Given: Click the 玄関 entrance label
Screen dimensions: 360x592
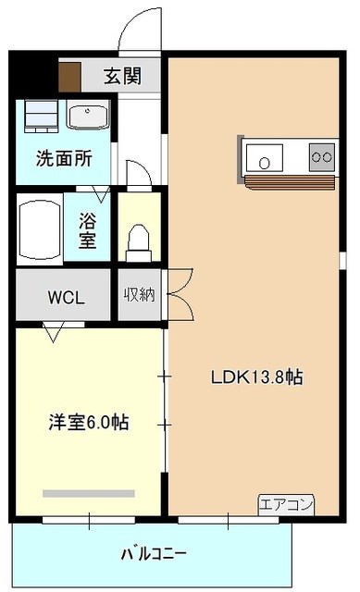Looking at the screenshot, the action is (123, 76).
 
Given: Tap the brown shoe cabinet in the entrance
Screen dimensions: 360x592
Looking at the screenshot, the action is (70, 77).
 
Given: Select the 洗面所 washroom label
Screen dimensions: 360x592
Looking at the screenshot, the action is (64, 158).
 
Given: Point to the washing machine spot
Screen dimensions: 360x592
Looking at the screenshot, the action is (41, 116).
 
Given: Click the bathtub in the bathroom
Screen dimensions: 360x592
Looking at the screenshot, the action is (40, 229).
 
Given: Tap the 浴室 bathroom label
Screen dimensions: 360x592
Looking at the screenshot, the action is (88, 230).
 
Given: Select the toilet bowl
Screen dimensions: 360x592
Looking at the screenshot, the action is (139, 242).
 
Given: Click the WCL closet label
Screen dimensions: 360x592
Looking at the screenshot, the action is (66, 298).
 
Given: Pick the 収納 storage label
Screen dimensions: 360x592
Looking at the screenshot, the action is (140, 294).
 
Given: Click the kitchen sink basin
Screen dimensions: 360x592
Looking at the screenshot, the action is (265, 158).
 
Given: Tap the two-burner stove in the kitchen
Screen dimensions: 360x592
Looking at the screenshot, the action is (322, 157).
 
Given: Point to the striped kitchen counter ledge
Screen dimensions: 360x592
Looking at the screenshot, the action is (290, 182).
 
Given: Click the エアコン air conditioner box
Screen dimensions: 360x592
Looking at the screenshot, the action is (286, 505).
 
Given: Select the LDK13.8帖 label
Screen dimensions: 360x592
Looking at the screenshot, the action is (257, 376).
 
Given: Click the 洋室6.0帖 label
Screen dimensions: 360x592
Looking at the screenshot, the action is (89, 422).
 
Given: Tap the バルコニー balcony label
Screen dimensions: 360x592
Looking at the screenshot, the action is (154, 554).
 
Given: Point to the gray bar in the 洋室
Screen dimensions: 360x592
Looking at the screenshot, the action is (89, 493).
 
